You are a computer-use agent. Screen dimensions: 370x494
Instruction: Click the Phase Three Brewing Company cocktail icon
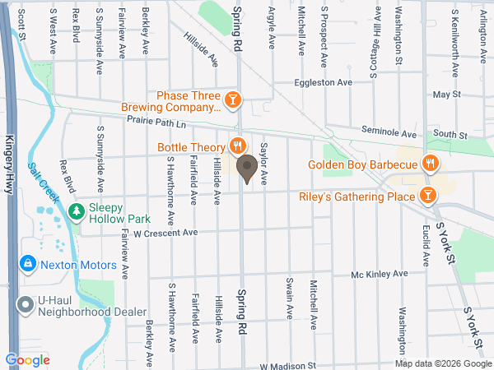click(x=233, y=99)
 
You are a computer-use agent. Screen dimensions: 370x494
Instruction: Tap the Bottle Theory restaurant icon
click(x=238, y=147)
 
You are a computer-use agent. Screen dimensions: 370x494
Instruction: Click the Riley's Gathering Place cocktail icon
click(x=427, y=195)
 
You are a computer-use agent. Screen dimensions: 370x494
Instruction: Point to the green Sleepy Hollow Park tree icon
click(x=77, y=212)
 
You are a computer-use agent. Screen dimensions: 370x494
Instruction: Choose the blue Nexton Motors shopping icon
click(x=28, y=263)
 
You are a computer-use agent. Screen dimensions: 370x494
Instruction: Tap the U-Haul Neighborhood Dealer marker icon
click(x=26, y=304)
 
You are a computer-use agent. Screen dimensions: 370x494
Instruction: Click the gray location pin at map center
click(x=246, y=169)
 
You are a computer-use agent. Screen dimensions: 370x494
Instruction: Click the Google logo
click(x=27, y=359)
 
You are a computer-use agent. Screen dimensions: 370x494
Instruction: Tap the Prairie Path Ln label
click(x=157, y=121)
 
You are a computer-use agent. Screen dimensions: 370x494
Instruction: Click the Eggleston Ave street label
click(x=324, y=83)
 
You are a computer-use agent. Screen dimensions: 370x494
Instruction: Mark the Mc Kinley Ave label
click(x=379, y=274)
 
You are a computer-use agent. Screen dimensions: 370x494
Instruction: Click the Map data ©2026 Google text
click(x=442, y=363)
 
